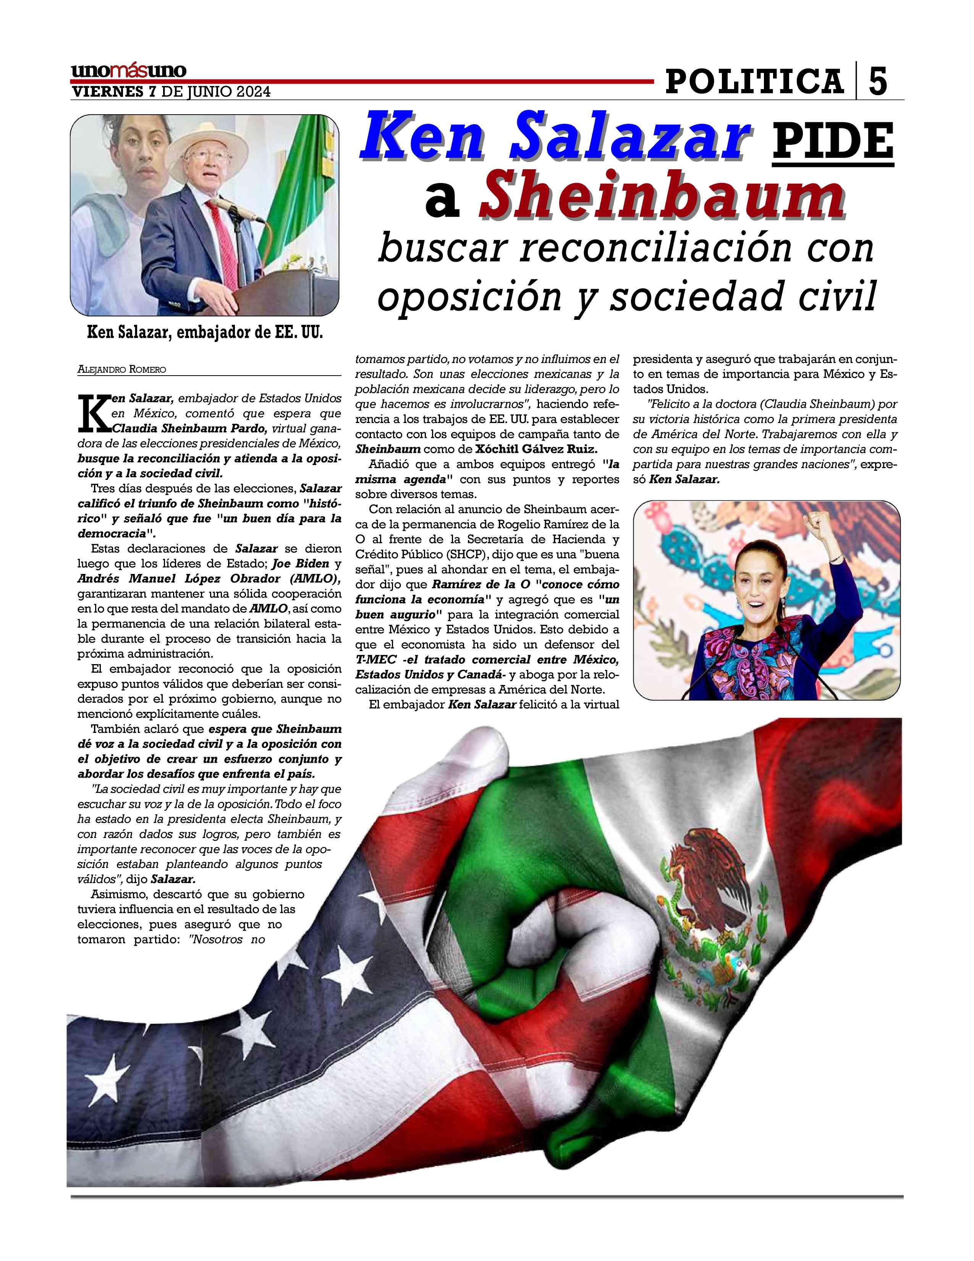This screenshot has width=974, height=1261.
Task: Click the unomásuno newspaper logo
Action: [x=129, y=71]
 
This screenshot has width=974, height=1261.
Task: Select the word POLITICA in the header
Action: [x=754, y=81]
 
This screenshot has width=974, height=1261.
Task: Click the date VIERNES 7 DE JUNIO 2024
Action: [x=170, y=92]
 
